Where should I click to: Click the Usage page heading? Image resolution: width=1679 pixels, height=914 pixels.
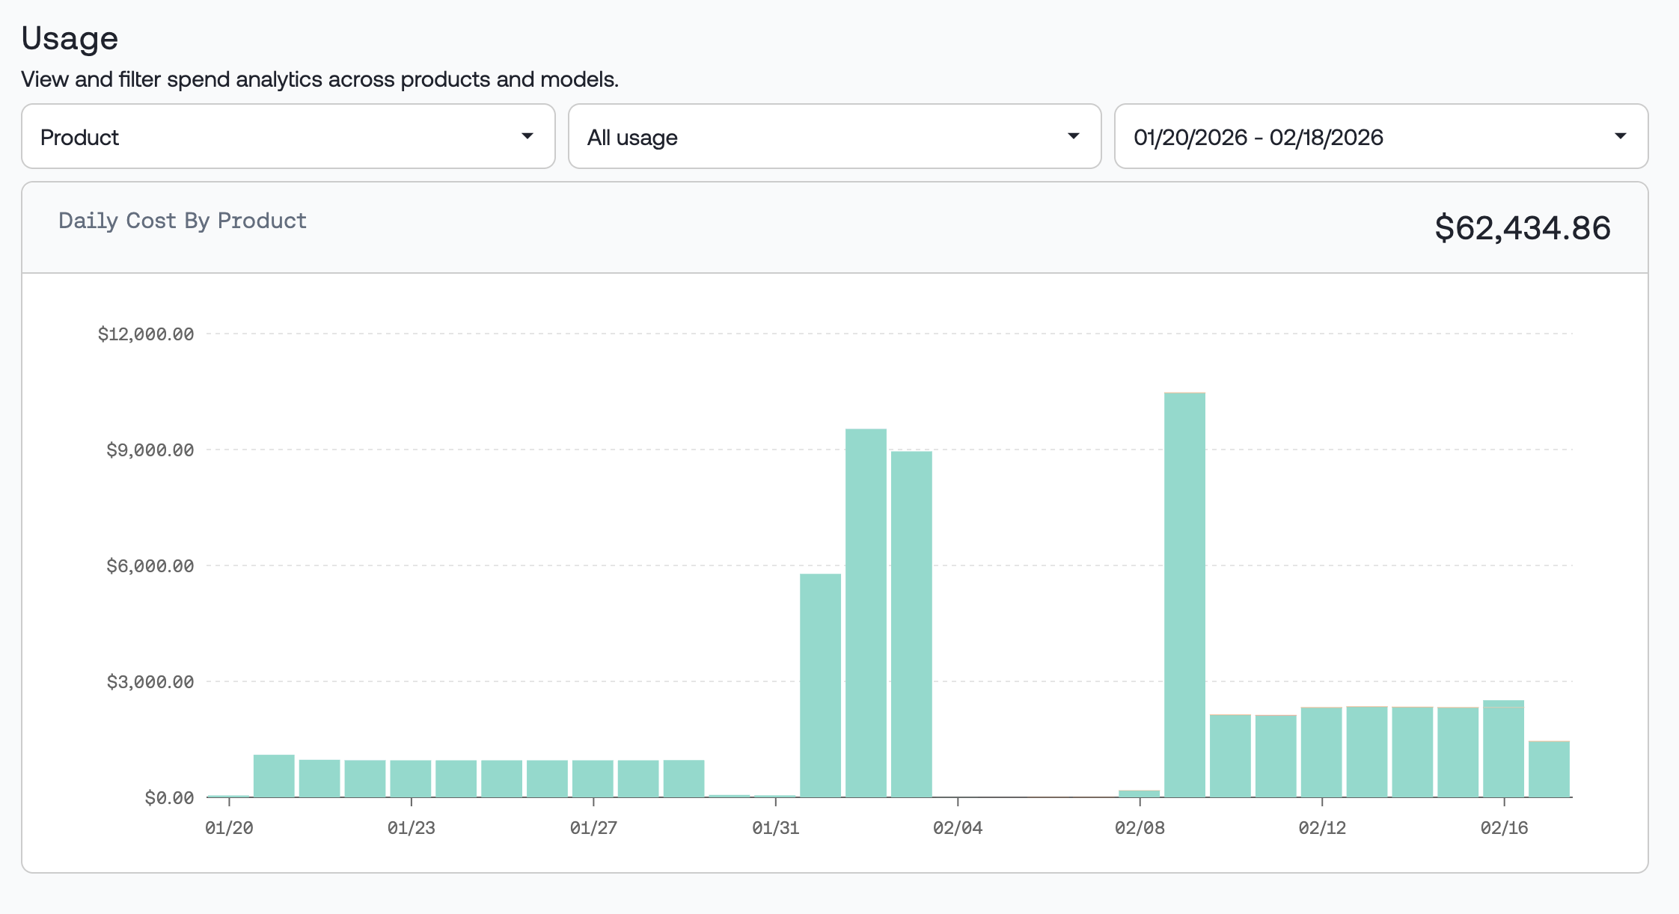(70, 38)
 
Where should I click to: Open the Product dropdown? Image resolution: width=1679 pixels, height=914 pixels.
(288, 137)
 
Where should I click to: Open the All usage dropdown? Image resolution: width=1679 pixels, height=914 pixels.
(834, 137)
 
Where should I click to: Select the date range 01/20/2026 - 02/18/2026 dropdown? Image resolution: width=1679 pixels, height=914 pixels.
(1380, 137)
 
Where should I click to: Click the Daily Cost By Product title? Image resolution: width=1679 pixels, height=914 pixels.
(183, 221)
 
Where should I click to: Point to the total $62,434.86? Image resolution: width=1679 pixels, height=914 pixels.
(1522, 227)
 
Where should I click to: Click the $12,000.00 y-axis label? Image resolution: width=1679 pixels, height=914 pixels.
(146, 334)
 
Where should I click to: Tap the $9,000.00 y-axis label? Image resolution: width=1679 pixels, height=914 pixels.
(150, 450)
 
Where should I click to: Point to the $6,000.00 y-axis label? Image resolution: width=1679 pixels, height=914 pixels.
(150, 566)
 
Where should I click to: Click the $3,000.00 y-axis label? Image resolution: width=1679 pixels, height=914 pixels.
(150, 682)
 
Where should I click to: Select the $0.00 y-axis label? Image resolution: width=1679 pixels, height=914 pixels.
(169, 798)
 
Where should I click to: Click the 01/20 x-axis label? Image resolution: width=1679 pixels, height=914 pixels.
(229, 828)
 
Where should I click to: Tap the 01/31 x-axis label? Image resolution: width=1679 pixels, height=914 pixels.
(775, 828)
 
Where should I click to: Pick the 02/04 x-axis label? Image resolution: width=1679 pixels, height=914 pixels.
(958, 828)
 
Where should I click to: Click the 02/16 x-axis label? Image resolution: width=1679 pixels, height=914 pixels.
(1504, 828)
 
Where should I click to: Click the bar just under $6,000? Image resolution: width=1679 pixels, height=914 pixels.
(820, 685)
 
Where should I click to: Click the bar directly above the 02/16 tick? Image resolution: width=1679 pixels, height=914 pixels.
(1503, 749)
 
